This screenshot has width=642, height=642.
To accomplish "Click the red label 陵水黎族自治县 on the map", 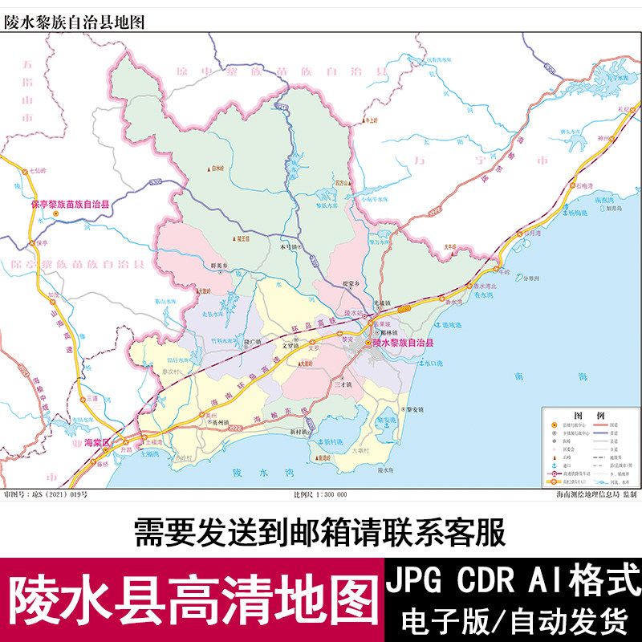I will pyautogui.click(x=403, y=343).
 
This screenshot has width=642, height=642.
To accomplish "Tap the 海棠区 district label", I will pyautogui.click(x=98, y=441).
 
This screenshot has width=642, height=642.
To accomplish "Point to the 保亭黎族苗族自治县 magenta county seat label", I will pyautogui.click(x=70, y=205).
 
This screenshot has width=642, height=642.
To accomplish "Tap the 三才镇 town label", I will pyautogui.click(x=343, y=386).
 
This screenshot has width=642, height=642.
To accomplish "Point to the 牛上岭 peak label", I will pyautogui.click(x=370, y=120).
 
